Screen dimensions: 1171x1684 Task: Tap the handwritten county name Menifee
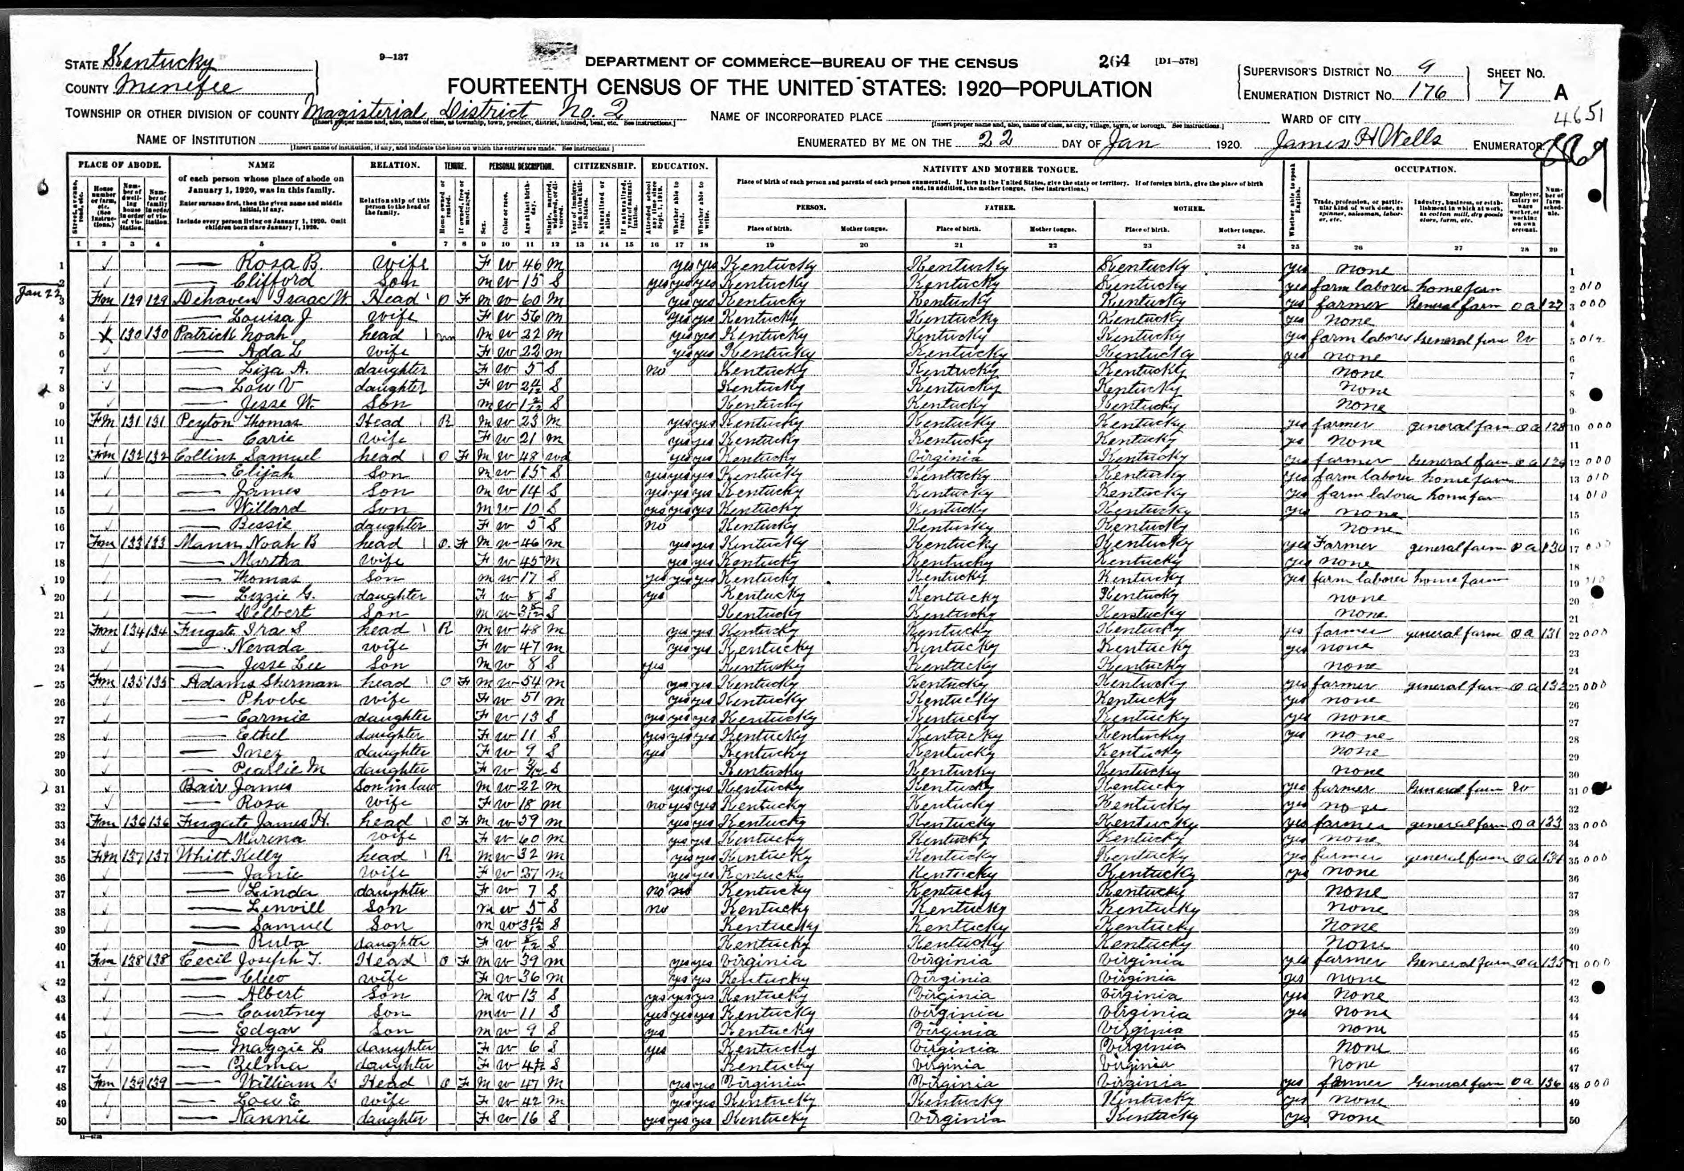[180, 88]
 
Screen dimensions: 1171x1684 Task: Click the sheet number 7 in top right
[1516, 93]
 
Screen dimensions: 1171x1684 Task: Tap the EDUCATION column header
[678, 166]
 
